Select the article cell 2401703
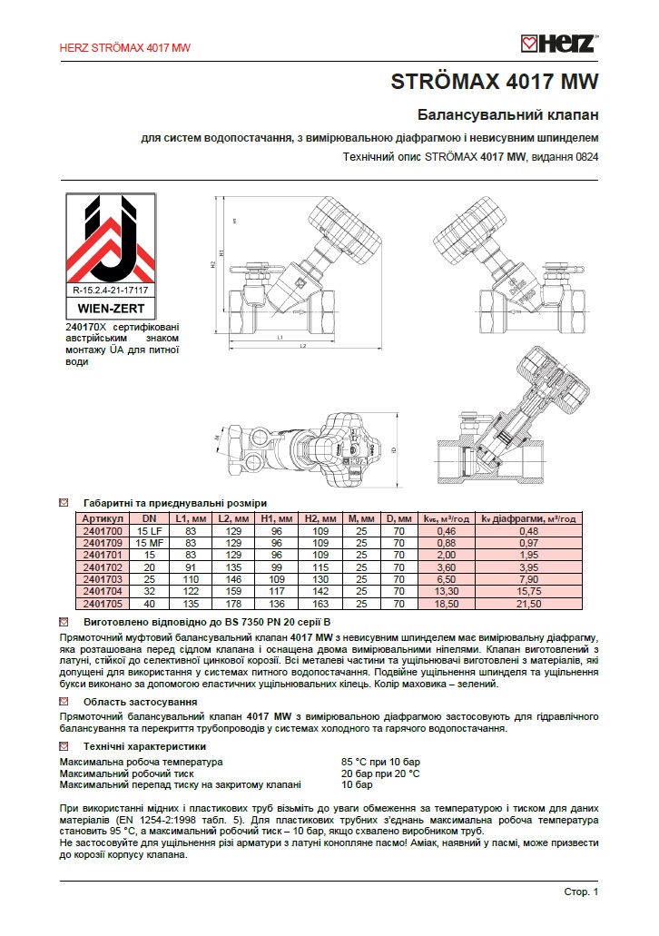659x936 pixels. tap(101, 577)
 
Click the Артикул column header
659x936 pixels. tap(101, 518)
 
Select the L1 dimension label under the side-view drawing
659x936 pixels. tap(280, 338)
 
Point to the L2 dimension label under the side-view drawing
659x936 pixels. tap(301, 348)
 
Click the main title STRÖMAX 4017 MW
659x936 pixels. tap(495, 82)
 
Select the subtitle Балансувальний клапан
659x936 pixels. tap(507, 116)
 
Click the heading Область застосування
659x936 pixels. tap(141, 702)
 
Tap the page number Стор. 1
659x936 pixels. tap(581, 892)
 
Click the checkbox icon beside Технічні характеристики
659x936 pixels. tap(64, 744)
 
